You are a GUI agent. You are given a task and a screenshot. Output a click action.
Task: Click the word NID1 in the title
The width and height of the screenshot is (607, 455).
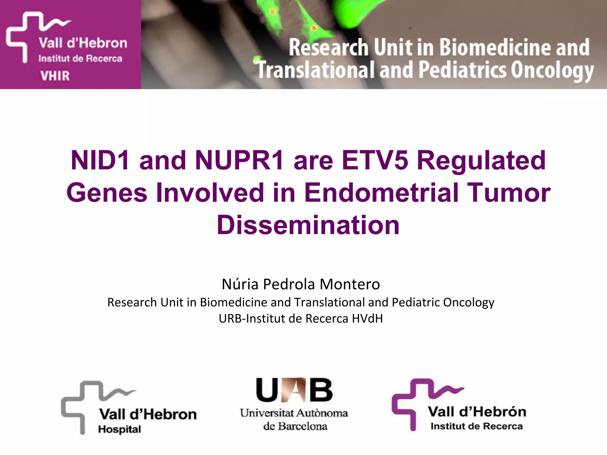[100, 161]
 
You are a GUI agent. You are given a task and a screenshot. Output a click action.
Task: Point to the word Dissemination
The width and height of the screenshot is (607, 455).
[308, 225]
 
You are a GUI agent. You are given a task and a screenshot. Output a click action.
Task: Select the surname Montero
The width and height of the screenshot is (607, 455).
[350, 284]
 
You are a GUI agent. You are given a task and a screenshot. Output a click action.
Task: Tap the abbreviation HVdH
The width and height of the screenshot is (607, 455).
[367, 318]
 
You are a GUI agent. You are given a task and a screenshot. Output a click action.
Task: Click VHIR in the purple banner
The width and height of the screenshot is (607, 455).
[55, 76]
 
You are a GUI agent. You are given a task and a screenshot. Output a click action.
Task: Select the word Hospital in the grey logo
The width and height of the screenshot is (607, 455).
[119, 429]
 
